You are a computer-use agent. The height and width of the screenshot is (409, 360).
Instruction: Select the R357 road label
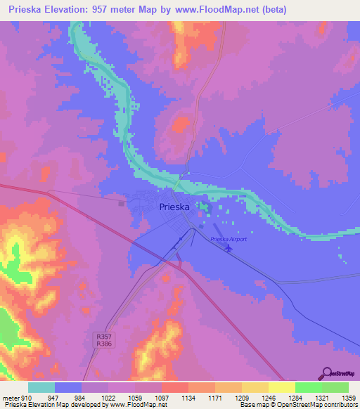click(x=104, y=337)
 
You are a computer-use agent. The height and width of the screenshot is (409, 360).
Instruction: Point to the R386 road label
click(x=104, y=344)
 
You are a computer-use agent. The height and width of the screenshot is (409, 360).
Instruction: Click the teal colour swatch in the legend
click(x=41, y=387)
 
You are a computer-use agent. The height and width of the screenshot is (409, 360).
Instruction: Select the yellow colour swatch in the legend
click(x=281, y=387)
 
